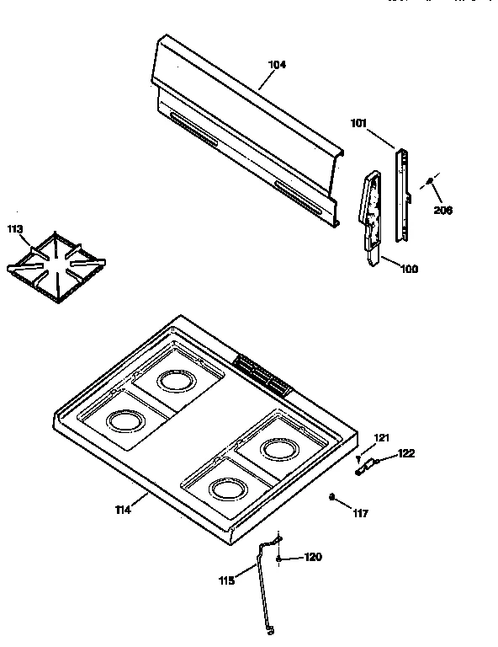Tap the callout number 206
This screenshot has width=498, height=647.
point(442,210)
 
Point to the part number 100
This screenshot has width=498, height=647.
point(409,269)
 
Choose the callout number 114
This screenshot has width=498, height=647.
point(124,510)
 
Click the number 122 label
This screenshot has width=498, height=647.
point(406,454)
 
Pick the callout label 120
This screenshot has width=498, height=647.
point(312,557)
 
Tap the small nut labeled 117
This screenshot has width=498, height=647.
point(333,497)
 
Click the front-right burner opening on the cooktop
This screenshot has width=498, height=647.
point(227,487)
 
